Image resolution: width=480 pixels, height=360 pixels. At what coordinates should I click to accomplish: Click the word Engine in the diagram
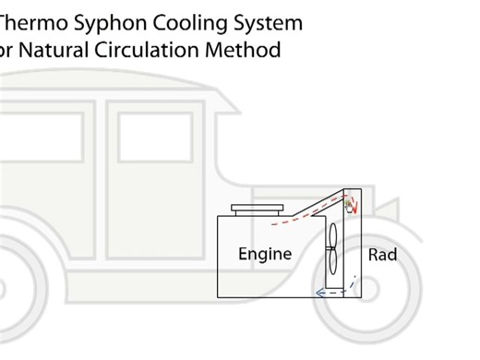click(x=265, y=254)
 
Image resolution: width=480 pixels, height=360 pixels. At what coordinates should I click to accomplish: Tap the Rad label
click(x=382, y=254)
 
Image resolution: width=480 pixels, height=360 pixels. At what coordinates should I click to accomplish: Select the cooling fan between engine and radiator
click(x=331, y=252)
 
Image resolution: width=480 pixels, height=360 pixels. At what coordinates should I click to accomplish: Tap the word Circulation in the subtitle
click(x=157, y=49)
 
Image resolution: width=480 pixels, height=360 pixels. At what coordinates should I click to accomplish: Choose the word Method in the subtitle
click(x=246, y=49)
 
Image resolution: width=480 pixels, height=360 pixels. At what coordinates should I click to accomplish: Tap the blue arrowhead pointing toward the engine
click(x=318, y=293)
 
